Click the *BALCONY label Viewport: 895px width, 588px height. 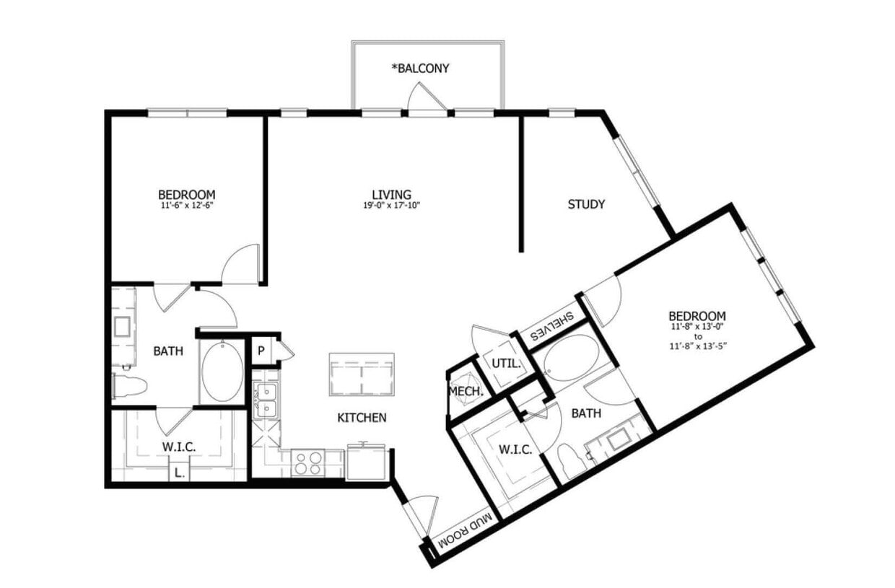point(420,69)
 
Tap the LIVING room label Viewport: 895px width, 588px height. point(391,194)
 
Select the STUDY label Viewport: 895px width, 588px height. point(585,204)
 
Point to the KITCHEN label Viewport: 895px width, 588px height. point(362,417)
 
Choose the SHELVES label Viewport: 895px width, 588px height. point(552,327)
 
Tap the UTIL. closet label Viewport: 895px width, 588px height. point(507,364)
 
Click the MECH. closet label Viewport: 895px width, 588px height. point(466,391)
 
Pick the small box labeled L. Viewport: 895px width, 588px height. point(178,473)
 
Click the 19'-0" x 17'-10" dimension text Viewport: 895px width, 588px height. point(391,206)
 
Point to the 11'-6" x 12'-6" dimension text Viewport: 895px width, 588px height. point(186,206)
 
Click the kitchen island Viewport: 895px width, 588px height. point(362,374)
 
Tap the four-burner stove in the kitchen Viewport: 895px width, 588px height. point(308,462)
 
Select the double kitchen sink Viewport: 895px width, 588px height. point(266,400)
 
